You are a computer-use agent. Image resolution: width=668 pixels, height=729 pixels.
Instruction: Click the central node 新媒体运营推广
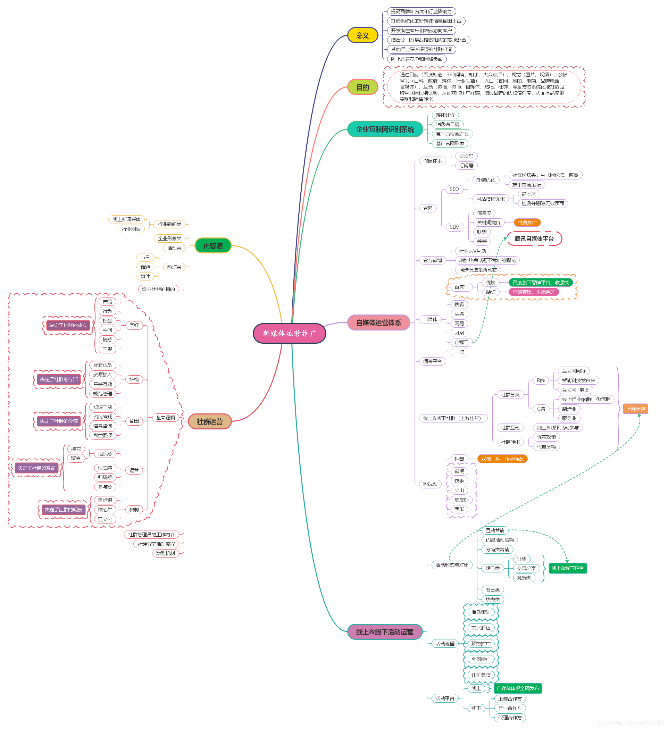pos(289,333)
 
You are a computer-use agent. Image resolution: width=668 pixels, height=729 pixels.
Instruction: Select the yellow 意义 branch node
pos(362,35)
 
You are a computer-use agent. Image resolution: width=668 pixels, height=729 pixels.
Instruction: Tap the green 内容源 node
pos(213,246)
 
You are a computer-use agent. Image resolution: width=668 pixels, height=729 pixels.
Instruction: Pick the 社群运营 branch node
pos(210,422)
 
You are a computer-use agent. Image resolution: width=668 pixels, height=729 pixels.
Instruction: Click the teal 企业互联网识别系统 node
pos(385,129)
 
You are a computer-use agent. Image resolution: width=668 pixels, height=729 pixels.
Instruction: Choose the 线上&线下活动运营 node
pos(384,632)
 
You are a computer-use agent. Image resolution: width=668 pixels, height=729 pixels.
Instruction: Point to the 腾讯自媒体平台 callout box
pos(534,239)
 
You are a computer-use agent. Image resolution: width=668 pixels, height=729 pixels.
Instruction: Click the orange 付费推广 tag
pos(527,223)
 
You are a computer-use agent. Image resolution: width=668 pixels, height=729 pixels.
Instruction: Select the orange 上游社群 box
pos(635,409)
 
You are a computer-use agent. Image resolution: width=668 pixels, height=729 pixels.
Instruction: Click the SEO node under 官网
pos(454,189)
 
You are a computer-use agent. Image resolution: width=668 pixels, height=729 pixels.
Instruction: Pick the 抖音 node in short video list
pos(459,459)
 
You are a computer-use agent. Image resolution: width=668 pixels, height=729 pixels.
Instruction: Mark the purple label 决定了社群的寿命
pos(36,468)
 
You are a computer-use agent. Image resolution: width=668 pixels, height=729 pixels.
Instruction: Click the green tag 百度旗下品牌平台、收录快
pos(541,283)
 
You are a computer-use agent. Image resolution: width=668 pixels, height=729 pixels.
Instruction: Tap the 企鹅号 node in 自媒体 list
pos(461,342)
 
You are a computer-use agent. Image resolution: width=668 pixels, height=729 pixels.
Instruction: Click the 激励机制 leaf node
pos(165,553)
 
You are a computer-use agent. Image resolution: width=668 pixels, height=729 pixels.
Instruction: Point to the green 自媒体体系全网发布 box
pos(518,688)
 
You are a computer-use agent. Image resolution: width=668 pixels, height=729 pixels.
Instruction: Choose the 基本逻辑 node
pos(165,418)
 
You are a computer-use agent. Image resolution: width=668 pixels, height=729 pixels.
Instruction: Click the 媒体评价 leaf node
pos(445,115)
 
